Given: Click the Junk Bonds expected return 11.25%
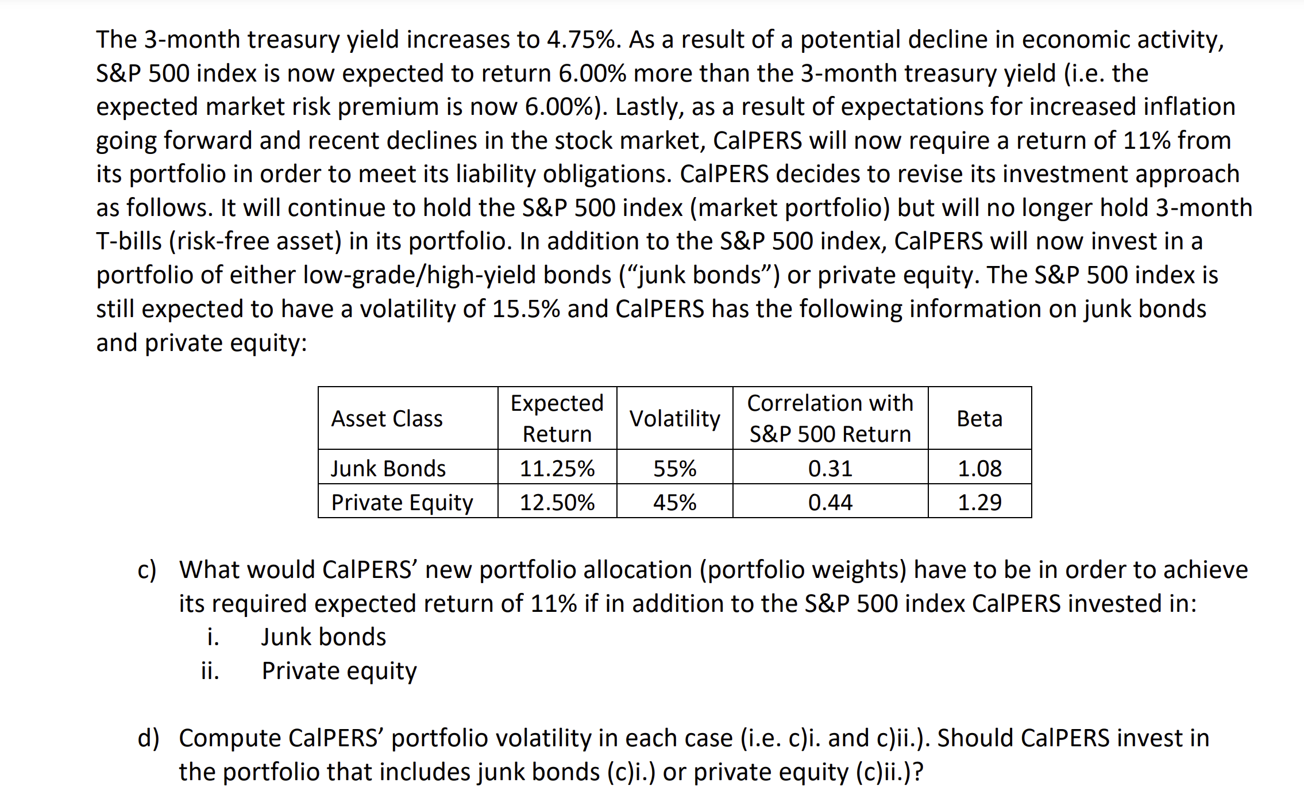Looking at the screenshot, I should tap(557, 468).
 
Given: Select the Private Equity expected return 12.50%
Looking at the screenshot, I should tap(557, 502).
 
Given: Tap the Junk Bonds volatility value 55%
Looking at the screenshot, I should tap(674, 468).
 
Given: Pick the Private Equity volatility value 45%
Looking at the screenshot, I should tap(674, 502).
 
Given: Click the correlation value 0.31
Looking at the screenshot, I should tap(830, 468).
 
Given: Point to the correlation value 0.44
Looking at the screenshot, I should tap(830, 502).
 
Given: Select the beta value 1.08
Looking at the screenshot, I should tap(979, 468).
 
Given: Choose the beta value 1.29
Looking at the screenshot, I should tap(979, 502).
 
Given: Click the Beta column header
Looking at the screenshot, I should tap(979, 418).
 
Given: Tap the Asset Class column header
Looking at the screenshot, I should tap(387, 418).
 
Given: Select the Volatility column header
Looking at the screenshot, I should tap(674, 418).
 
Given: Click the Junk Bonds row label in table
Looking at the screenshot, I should tap(388, 468).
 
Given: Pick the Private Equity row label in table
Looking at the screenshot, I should tap(402, 502).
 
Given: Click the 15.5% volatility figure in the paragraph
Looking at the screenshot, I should tap(526, 309).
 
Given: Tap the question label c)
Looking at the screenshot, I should tap(147, 569).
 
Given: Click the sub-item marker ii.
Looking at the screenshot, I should tap(210, 670).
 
